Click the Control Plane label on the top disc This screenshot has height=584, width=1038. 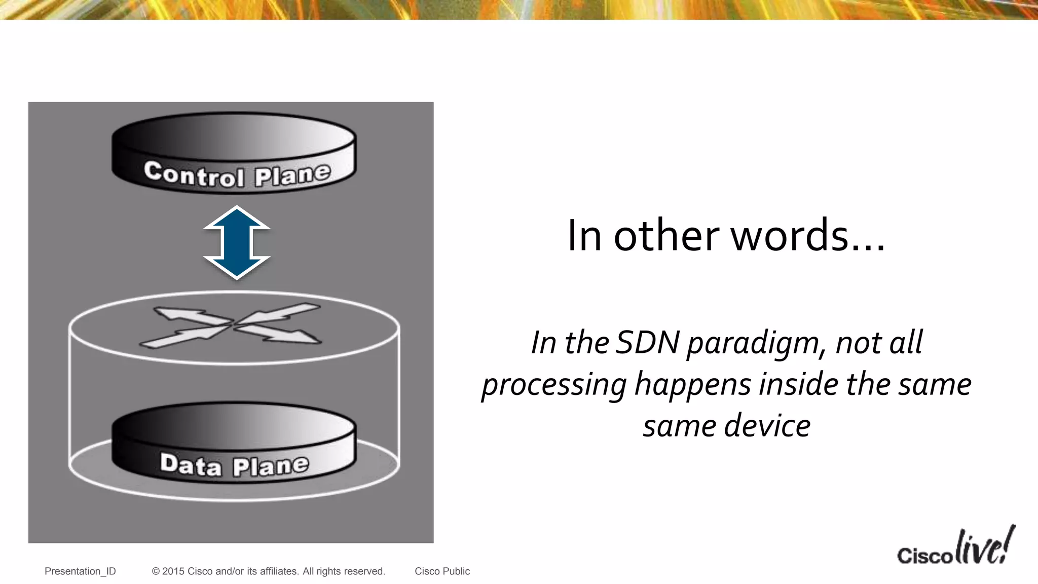(x=237, y=174)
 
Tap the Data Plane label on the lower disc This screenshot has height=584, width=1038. (x=234, y=464)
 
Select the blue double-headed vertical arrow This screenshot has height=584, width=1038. (x=237, y=242)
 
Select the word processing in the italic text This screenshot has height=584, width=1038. (x=554, y=385)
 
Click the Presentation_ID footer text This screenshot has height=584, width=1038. (x=80, y=571)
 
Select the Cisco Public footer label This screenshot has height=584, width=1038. (x=442, y=571)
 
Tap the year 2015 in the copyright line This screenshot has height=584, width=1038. (x=173, y=571)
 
